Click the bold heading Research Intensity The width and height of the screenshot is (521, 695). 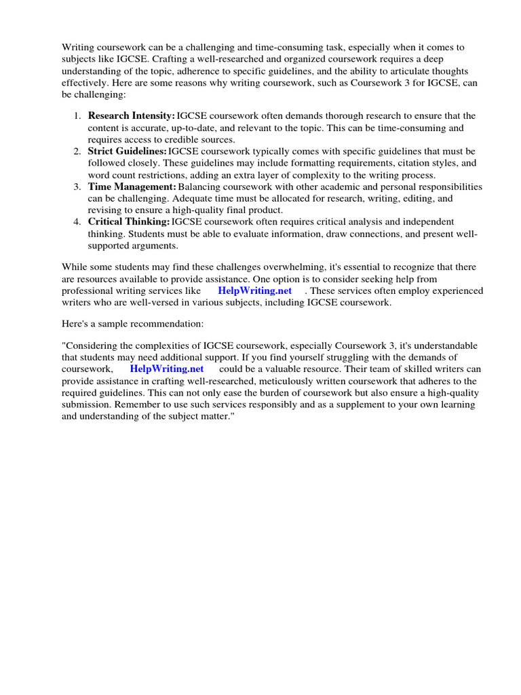click(x=132, y=116)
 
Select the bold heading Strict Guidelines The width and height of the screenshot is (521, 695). click(x=128, y=151)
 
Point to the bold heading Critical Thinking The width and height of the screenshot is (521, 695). click(x=129, y=222)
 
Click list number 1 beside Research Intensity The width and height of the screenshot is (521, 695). click(x=78, y=116)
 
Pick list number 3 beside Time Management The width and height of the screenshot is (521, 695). click(x=78, y=187)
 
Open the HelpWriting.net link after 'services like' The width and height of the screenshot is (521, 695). click(x=255, y=290)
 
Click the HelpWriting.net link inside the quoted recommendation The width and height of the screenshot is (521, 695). click(x=167, y=369)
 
